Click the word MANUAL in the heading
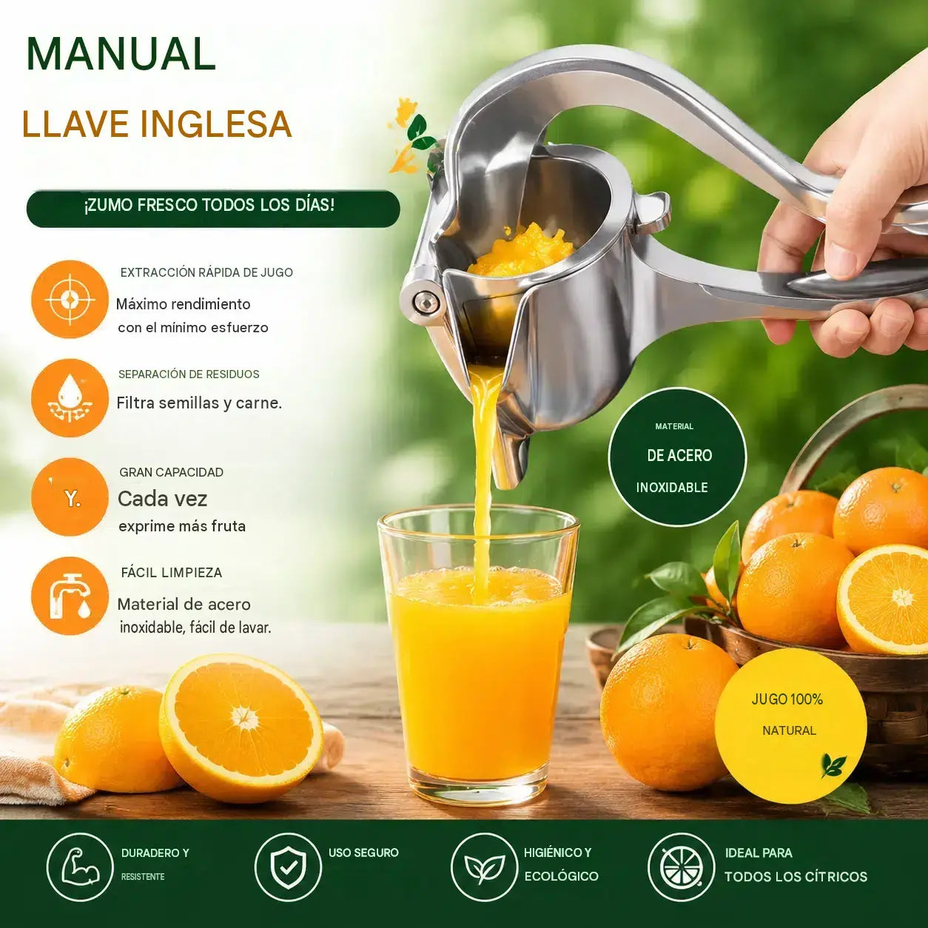[121, 54]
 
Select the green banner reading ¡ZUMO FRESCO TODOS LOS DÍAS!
[213, 209]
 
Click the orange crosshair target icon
[70, 299]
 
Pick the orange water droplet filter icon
[70, 398]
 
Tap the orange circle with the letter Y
[70, 497]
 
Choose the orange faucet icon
[70, 596]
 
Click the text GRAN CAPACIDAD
[172, 472]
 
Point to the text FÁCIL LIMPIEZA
[172, 573]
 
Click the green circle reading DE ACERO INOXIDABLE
[677, 457]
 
